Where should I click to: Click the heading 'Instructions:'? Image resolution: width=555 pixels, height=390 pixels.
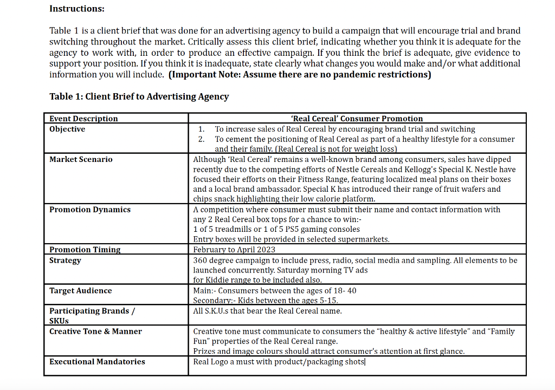(77, 9)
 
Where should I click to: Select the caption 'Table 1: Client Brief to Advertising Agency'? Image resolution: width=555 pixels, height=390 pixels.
(139, 96)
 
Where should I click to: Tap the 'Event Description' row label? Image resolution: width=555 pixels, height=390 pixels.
(83, 119)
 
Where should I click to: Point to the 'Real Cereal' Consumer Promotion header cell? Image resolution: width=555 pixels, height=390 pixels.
(357, 119)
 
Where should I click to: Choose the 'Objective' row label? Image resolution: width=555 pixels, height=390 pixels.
(67, 129)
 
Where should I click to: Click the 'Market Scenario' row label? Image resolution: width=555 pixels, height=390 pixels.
(81, 159)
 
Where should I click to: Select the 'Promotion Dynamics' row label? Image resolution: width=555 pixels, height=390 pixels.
(90, 210)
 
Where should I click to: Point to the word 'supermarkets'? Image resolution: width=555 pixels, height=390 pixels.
(363, 239)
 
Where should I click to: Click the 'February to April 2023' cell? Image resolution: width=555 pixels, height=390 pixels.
(234, 250)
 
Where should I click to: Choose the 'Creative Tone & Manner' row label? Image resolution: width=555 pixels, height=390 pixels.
(95, 331)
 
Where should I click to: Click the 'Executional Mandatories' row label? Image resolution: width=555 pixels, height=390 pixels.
(97, 361)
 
